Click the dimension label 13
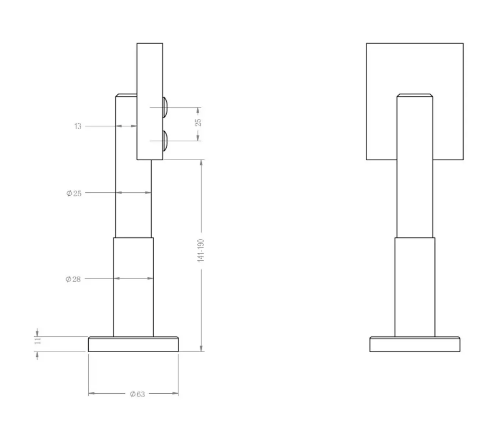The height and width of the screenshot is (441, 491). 77,126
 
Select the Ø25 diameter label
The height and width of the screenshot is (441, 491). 74,193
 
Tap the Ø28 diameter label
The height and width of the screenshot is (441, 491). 73,279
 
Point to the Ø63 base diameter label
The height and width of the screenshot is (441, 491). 137,394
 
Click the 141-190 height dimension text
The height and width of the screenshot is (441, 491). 201,251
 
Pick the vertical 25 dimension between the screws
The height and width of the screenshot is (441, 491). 198,122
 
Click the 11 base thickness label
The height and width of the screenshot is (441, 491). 38,340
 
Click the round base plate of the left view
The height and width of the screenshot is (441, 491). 133,344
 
